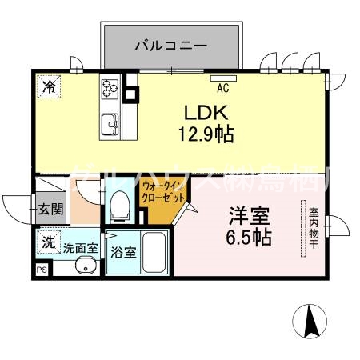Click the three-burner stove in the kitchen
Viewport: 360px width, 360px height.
pos(110,89)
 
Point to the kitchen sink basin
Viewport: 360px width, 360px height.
pos(110,122)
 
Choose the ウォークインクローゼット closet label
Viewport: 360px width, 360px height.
pos(164,192)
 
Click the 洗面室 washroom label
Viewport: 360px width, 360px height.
pos(81,248)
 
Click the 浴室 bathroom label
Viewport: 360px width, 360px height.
pos(123,250)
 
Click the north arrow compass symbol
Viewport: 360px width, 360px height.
pos(311,322)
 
